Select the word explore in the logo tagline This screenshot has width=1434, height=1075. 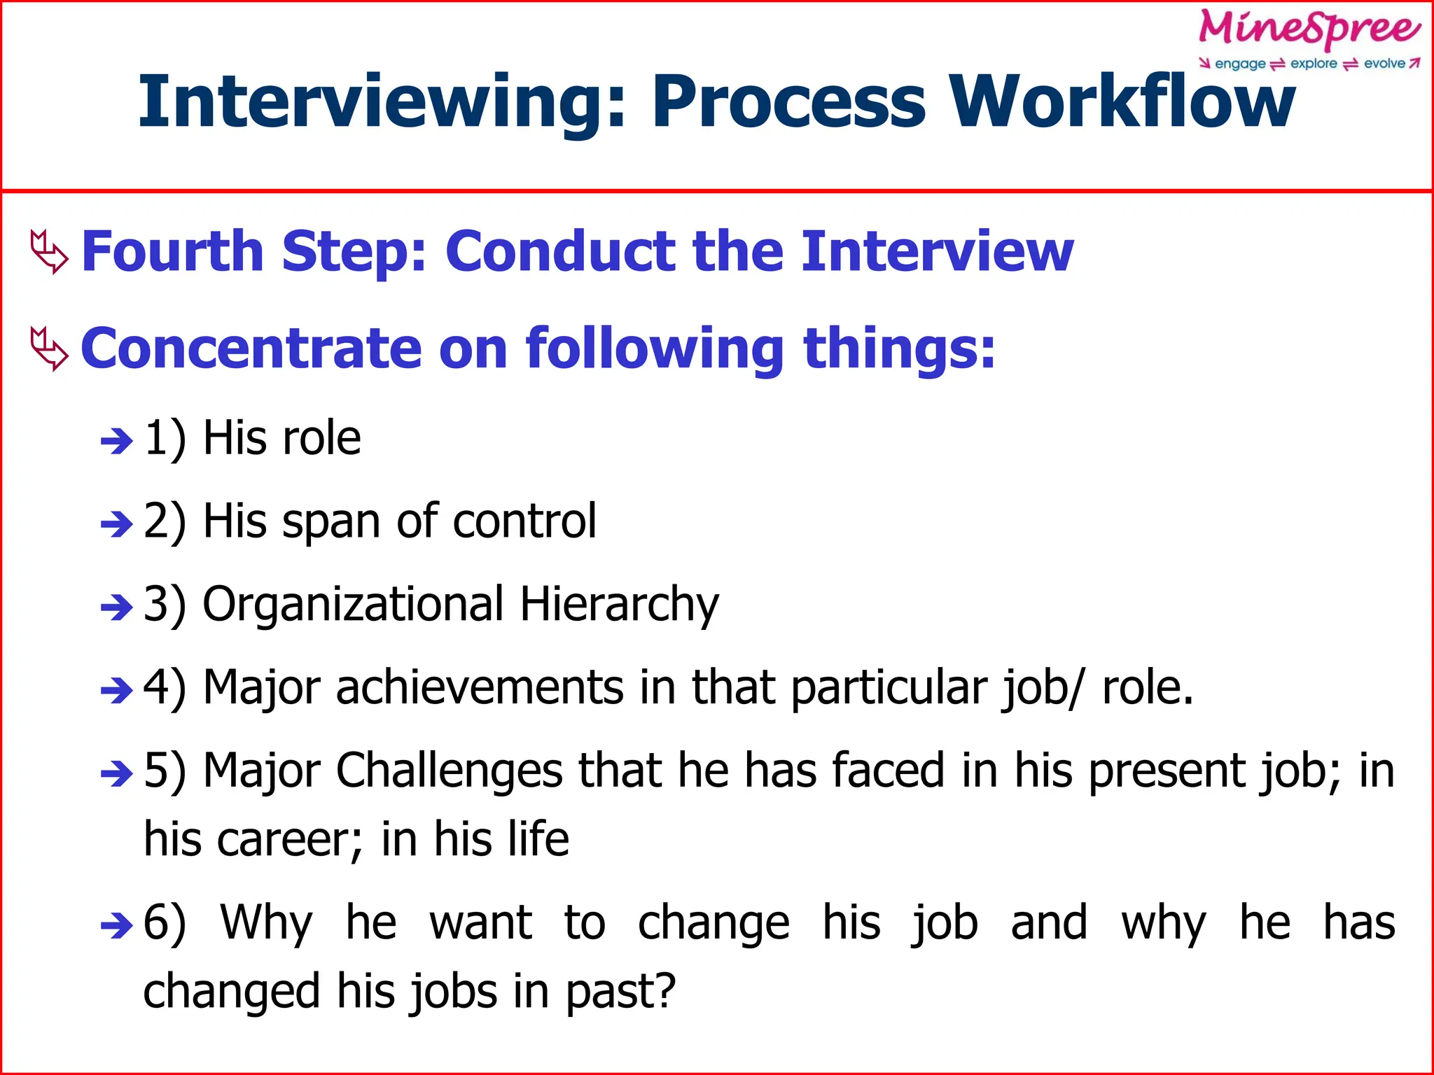(x=1314, y=64)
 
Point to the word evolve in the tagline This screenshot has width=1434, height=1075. (x=1384, y=64)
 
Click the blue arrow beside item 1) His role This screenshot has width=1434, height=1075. (x=116, y=441)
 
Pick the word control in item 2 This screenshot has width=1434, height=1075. (x=524, y=521)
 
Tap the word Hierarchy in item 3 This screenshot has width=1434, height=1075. (x=619, y=605)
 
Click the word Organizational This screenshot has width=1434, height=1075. (x=353, y=605)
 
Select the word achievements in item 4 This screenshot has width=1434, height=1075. (x=480, y=687)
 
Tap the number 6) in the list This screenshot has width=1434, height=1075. (x=165, y=922)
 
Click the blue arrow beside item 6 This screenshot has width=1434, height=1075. (x=116, y=926)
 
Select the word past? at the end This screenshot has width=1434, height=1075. (x=620, y=992)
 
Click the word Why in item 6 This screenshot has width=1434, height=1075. (x=266, y=922)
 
